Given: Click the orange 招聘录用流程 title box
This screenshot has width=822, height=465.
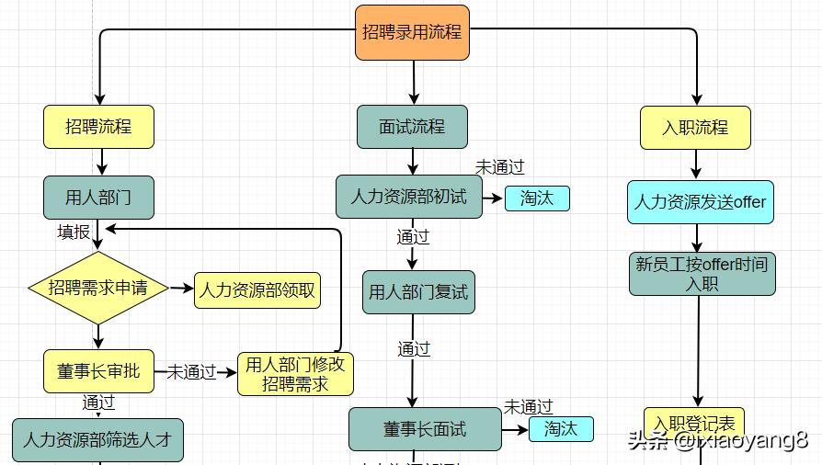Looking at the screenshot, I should [x=411, y=33].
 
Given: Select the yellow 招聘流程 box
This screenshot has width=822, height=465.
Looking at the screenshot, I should [x=98, y=127].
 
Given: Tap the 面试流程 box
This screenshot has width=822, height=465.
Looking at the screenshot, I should [x=412, y=127].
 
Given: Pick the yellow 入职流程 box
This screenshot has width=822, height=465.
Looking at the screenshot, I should [x=695, y=128].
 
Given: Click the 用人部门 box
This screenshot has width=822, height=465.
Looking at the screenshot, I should [x=98, y=198].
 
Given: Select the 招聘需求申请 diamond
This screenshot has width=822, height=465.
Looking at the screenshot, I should [x=97, y=288].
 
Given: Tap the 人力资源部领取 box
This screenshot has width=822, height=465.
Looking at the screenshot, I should [x=257, y=290].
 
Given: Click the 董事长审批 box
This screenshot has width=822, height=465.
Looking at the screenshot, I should [x=98, y=371].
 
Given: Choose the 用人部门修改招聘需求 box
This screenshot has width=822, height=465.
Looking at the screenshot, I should [x=295, y=374].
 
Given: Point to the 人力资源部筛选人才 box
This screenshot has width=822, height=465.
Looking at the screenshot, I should [x=97, y=439].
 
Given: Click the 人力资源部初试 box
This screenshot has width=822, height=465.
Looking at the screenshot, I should [x=408, y=197].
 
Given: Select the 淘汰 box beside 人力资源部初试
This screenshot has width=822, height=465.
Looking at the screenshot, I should [x=537, y=198].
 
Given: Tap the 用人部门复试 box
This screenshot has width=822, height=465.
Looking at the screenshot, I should [x=418, y=292].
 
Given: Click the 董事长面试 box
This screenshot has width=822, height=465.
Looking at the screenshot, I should [x=425, y=429].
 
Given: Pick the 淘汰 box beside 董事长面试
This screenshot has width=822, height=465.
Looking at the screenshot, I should [x=561, y=428].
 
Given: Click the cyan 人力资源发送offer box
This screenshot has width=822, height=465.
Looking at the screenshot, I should [x=701, y=202].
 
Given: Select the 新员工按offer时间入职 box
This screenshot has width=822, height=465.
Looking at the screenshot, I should [x=702, y=274].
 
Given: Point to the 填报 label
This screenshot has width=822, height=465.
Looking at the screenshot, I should [x=74, y=232].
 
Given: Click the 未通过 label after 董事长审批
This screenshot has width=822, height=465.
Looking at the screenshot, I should [x=191, y=372].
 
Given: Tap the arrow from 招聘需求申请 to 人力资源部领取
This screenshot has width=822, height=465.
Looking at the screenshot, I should [x=181, y=289].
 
